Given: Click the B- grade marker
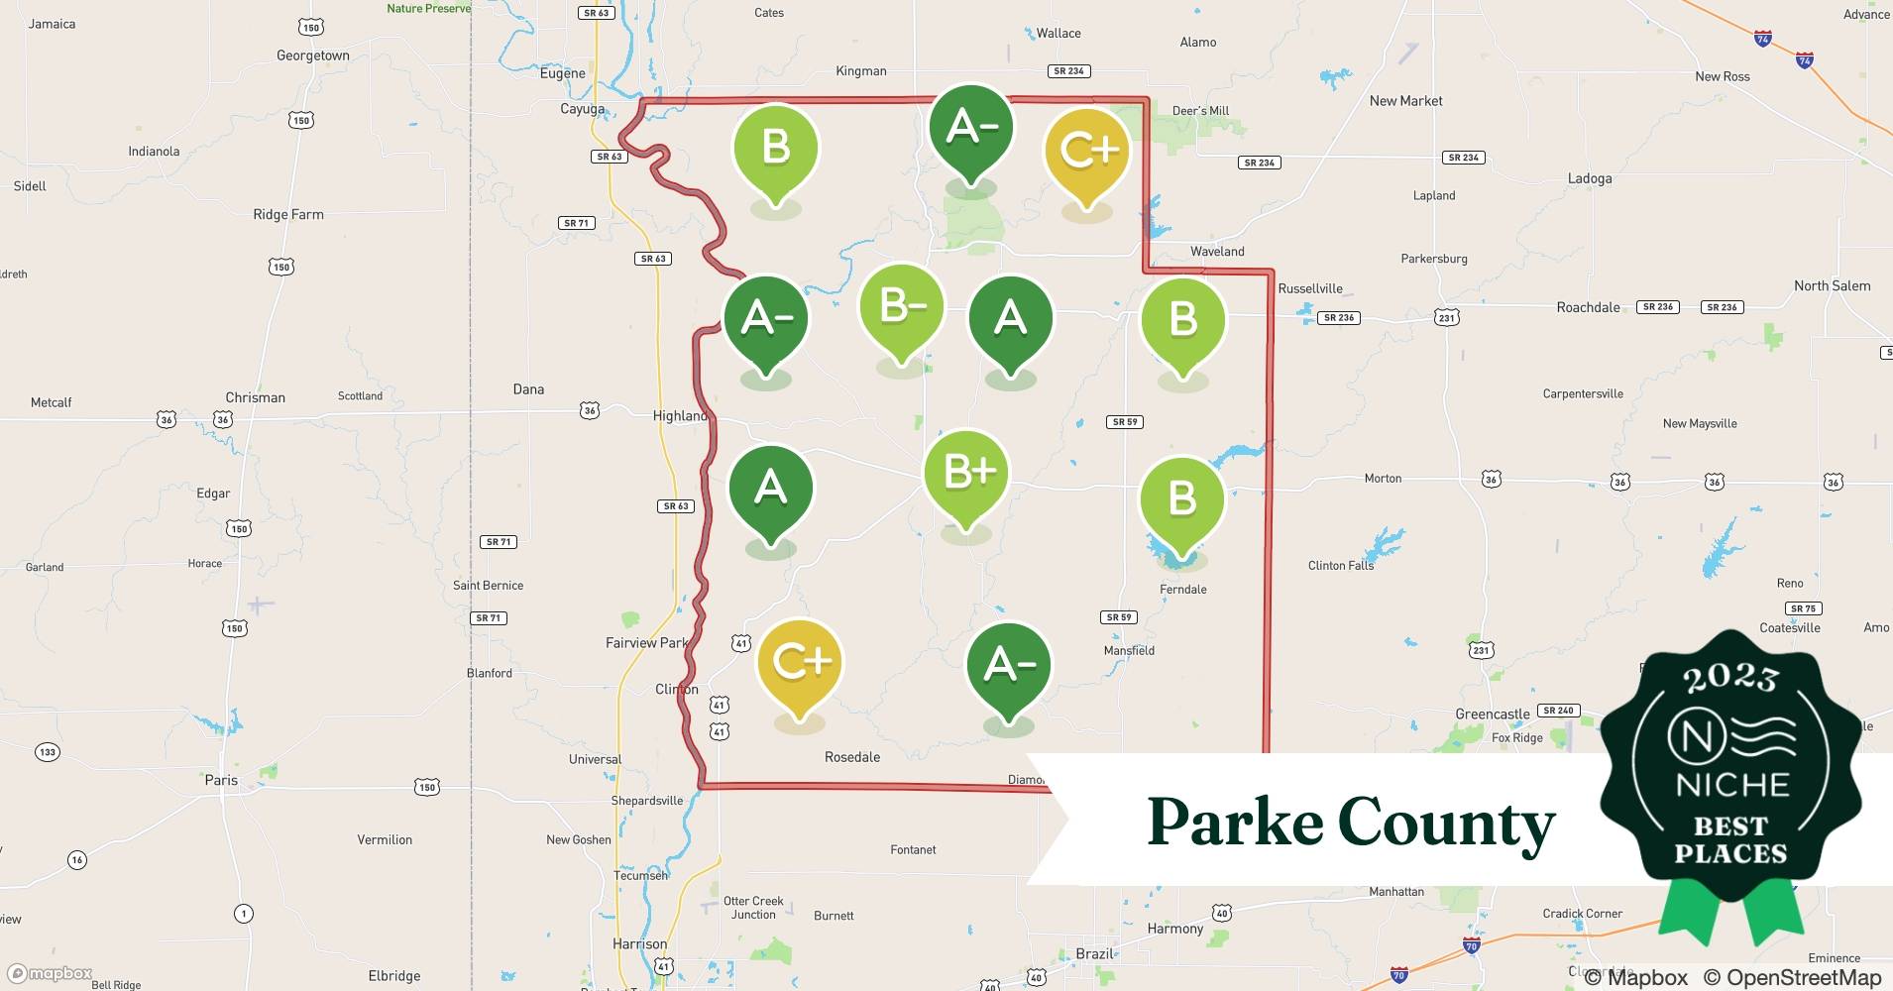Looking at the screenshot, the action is (901, 308).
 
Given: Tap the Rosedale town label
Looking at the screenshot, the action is (852, 757).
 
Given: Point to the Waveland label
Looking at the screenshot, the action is (1217, 252).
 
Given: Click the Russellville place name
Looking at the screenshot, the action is (1310, 289).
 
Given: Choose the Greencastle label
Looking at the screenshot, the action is (1493, 715).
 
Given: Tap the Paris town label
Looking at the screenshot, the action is (221, 780).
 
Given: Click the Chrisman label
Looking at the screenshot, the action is (255, 397).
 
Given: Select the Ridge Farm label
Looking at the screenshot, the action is (288, 214).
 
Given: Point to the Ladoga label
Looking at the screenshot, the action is (1590, 178).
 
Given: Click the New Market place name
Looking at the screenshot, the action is (1405, 101).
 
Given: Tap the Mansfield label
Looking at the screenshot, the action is (1129, 651).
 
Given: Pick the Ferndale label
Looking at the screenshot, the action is (1183, 590).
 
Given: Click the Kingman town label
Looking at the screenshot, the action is (861, 71).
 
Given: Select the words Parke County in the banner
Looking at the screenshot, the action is (1351, 823).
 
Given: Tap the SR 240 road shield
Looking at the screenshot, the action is (1558, 711).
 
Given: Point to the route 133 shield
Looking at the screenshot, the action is (47, 752).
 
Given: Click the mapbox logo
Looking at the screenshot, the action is (50, 973).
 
